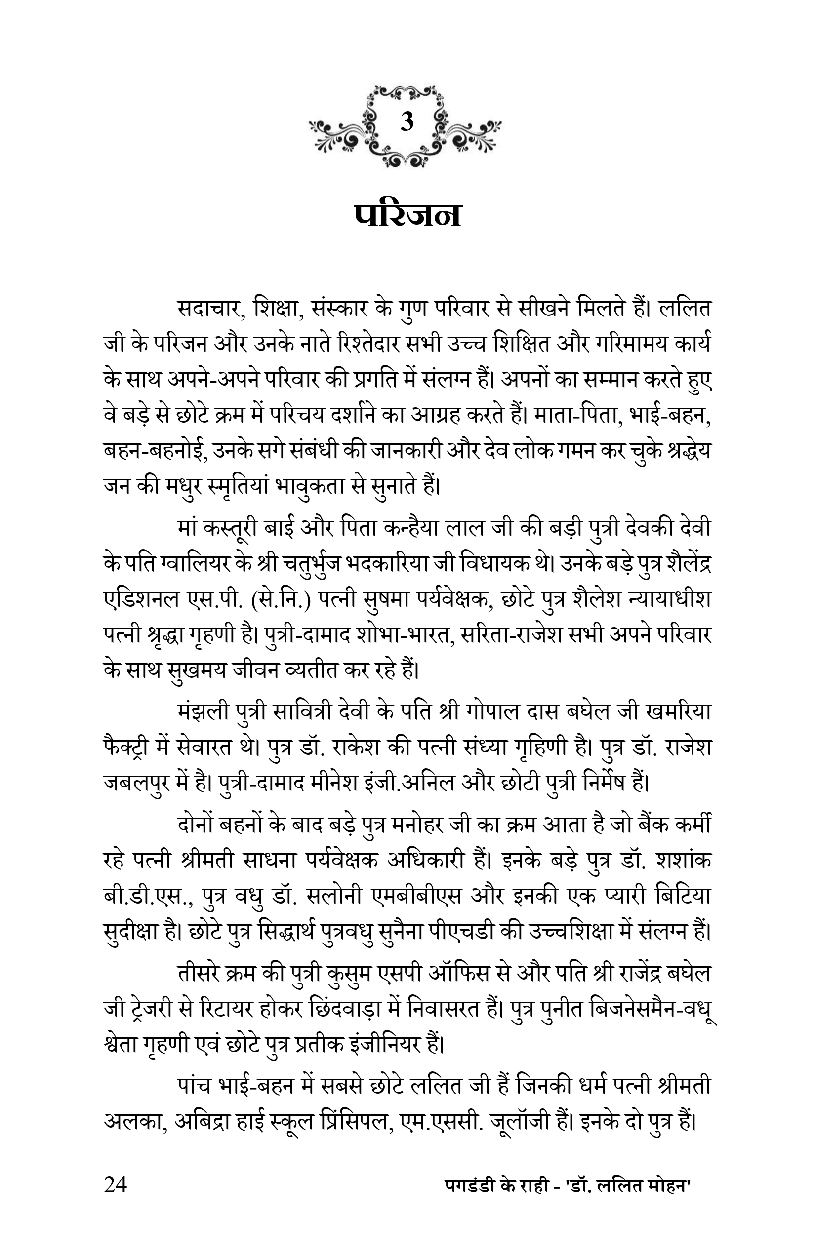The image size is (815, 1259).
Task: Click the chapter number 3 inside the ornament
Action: click(407, 122)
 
